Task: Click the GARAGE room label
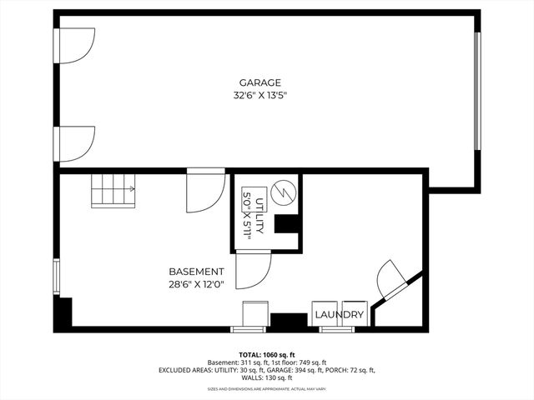pyautogui.click(x=259, y=82)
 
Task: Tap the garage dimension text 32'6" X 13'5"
pyautogui.click(x=259, y=96)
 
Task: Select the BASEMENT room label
pyautogui.click(x=196, y=272)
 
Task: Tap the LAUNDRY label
pyautogui.click(x=339, y=315)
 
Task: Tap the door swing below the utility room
pyautogui.click(x=252, y=271)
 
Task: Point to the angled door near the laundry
pyautogui.click(x=391, y=279)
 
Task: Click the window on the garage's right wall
pyautogui.click(x=478, y=91)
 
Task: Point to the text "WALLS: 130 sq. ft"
pyautogui.click(x=266, y=377)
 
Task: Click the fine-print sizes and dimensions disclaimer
pyautogui.click(x=266, y=389)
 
